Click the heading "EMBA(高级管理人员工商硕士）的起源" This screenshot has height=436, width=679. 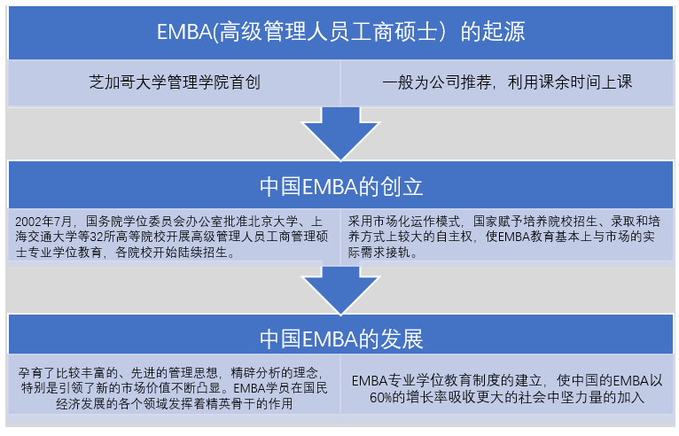point(340,32)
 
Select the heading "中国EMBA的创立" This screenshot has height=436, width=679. point(340,186)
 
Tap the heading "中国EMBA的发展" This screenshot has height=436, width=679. point(340,339)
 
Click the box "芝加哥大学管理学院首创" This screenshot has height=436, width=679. point(174,83)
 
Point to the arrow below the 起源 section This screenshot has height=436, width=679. point(340,133)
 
